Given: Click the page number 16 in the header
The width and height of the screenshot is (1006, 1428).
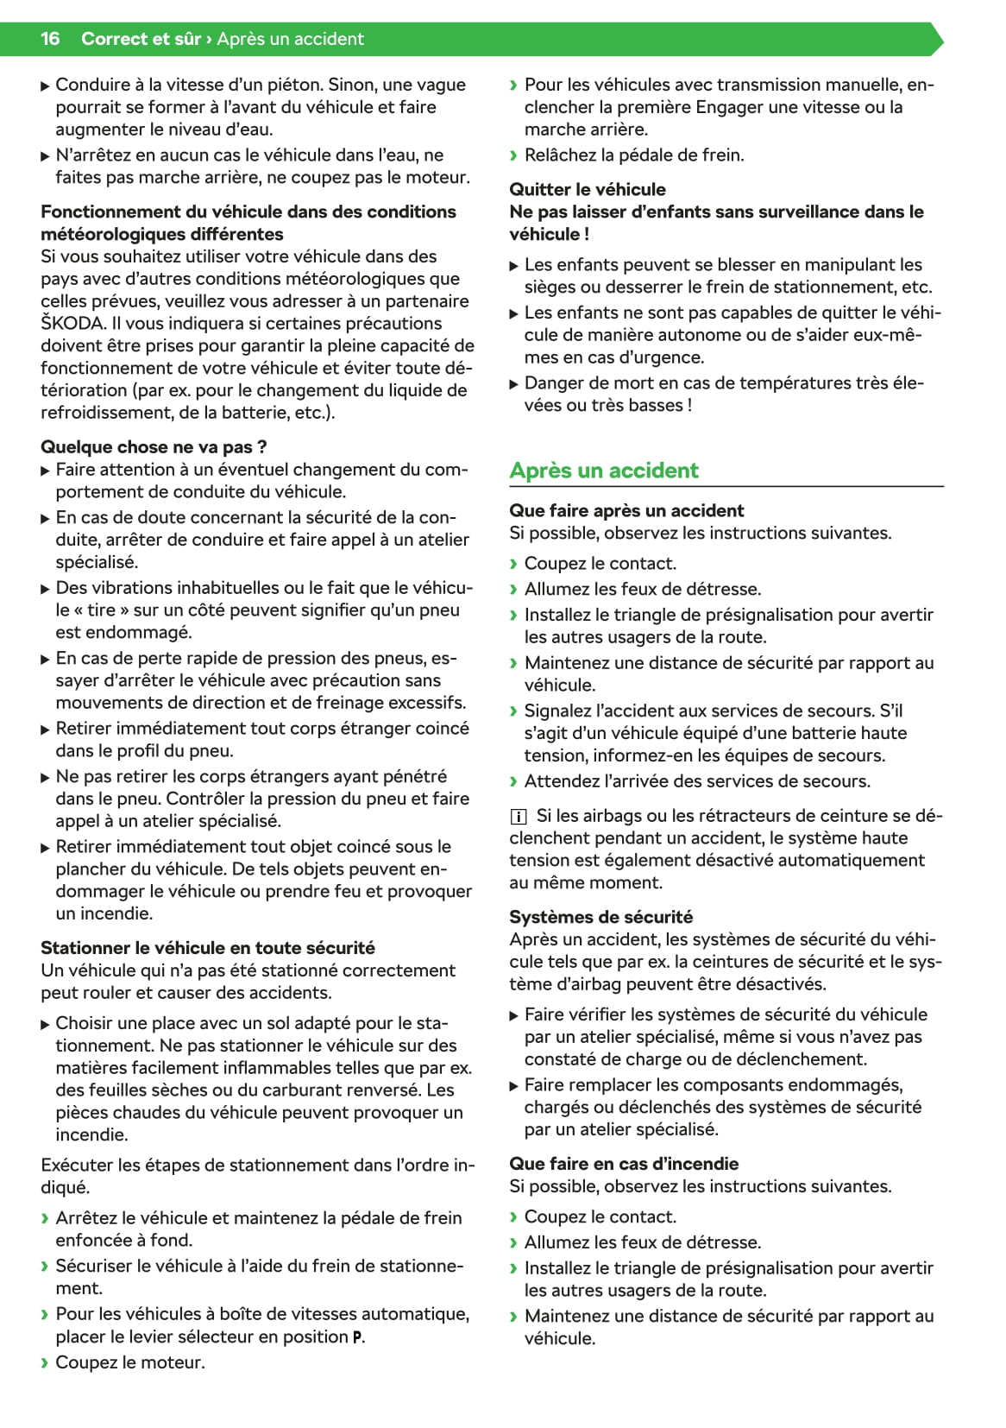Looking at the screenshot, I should (50, 39).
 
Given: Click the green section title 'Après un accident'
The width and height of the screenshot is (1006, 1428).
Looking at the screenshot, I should (603, 471).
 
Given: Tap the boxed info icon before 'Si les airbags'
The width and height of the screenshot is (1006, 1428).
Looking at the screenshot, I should (518, 816).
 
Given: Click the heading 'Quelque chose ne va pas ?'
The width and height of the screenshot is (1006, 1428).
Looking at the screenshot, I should (154, 447).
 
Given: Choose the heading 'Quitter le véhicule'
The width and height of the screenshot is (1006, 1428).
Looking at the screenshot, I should (587, 189).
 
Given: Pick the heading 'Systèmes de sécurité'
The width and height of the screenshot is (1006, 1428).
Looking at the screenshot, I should (600, 917).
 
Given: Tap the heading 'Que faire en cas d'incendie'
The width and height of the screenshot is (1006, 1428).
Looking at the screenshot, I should (623, 1164).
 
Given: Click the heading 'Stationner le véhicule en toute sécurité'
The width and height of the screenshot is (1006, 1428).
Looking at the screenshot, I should (208, 948).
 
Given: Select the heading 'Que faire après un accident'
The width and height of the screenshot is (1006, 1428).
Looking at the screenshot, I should (626, 510).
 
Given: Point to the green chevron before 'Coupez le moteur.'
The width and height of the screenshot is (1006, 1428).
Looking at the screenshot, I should (45, 1363).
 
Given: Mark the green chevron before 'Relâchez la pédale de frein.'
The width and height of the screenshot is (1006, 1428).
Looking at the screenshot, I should (514, 155).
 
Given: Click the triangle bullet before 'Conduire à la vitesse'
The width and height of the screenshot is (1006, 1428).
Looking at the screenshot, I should (46, 85).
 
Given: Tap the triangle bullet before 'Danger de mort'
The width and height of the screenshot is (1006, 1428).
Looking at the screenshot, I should (514, 383).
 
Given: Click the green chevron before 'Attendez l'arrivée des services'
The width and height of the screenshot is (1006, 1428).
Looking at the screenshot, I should (514, 781).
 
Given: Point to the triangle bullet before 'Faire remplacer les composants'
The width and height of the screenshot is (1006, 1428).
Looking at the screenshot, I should (514, 1085).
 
